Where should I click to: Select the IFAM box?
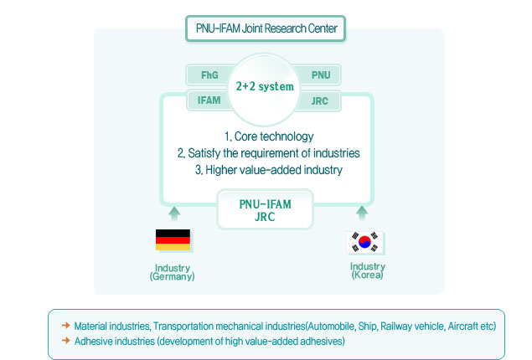(209, 100)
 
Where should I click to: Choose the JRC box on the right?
(321, 100)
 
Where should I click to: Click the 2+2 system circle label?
(266, 85)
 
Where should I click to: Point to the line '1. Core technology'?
(268, 136)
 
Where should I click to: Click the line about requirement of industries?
(268, 153)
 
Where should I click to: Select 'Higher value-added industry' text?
(268, 170)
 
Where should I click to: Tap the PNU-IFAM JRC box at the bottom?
(266, 209)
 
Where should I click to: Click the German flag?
(173, 240)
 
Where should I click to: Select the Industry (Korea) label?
(367, 270)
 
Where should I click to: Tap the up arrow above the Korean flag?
(362, 213)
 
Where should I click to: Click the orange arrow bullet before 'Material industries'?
(65, 325)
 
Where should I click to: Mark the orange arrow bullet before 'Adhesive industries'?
(65, 341)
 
